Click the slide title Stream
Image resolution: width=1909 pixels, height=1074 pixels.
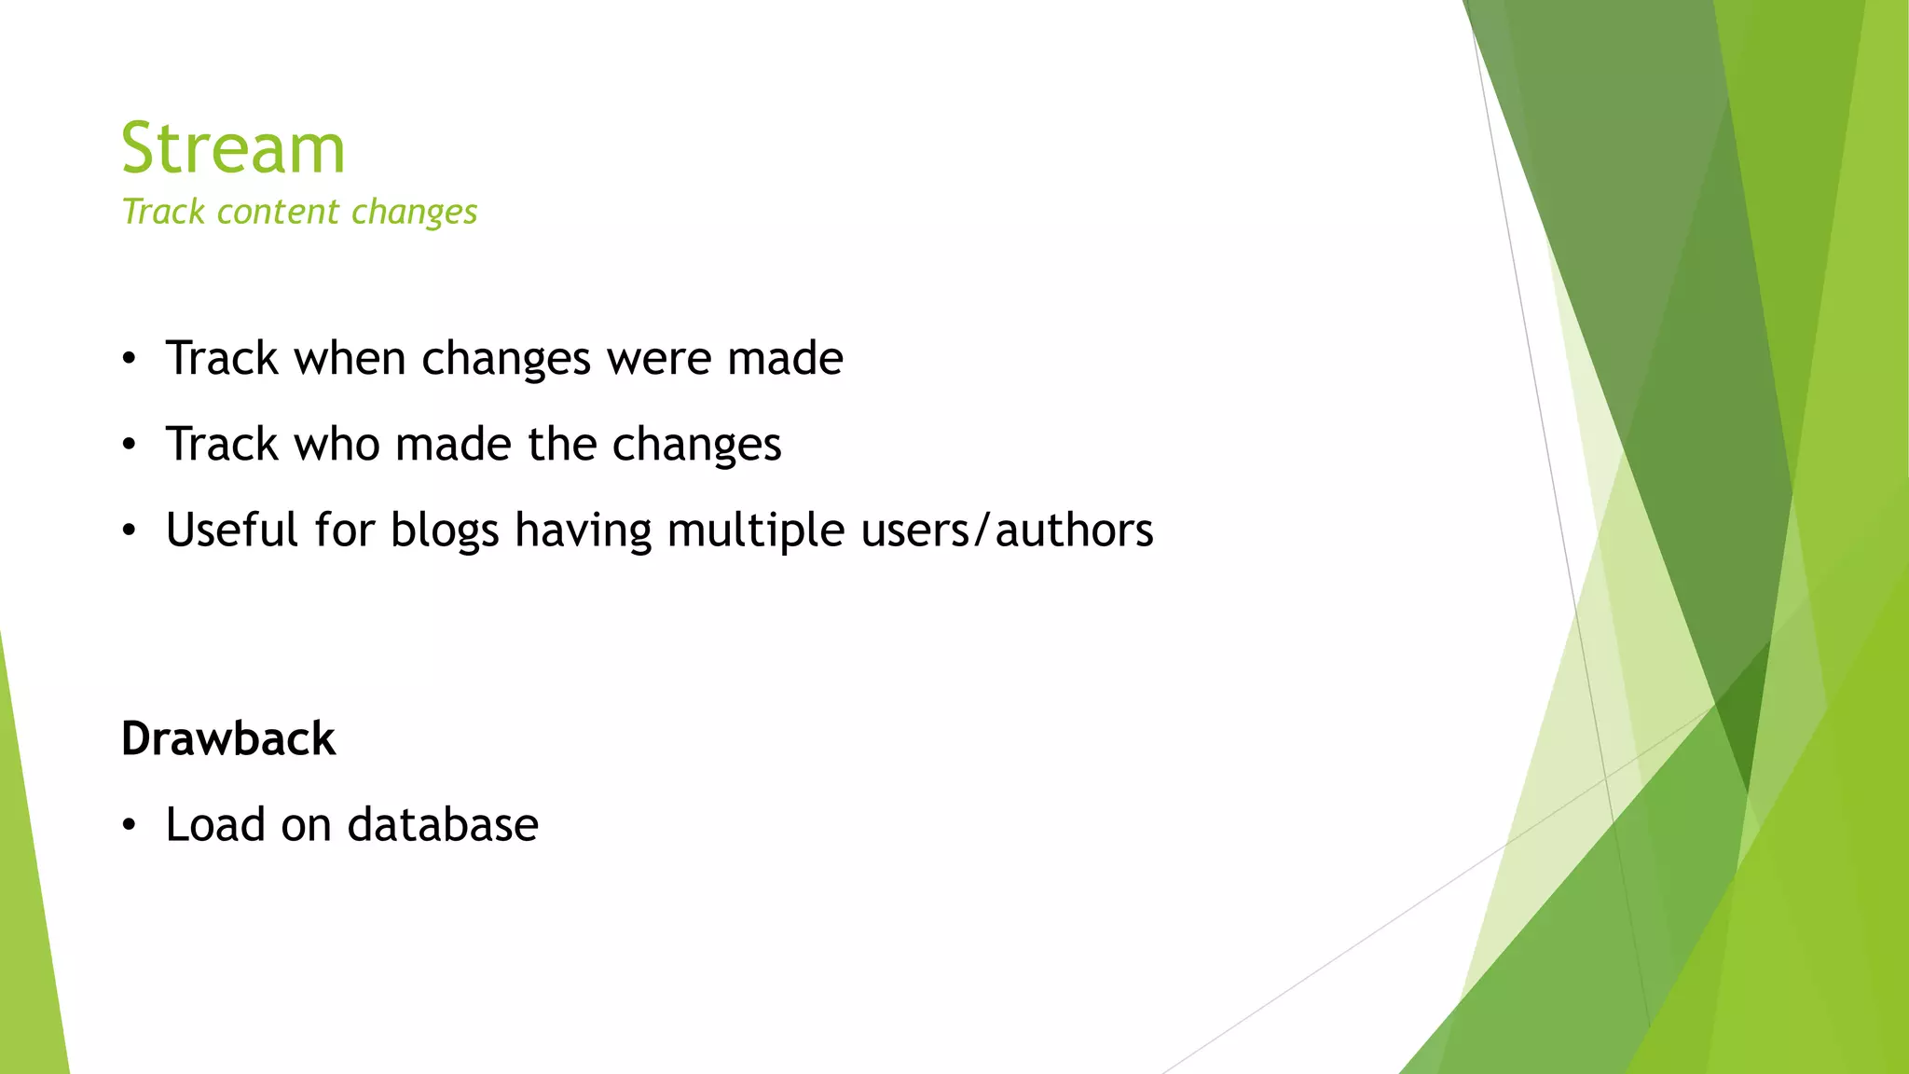[x=233, y=148]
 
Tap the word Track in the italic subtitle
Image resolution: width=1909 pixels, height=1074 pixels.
[x=163, y=213]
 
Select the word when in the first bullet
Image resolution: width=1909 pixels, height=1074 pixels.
[x=350, y=359]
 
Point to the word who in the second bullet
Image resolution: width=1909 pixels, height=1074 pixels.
[x=336, y=445]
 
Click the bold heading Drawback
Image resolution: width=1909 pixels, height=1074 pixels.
[x=228, y=739]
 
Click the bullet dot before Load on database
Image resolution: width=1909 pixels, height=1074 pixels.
[x=130, y=825]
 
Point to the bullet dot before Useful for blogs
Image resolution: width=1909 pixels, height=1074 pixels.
[x=130, y=531]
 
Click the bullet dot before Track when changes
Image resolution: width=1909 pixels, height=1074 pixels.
[x=130, y=359]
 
